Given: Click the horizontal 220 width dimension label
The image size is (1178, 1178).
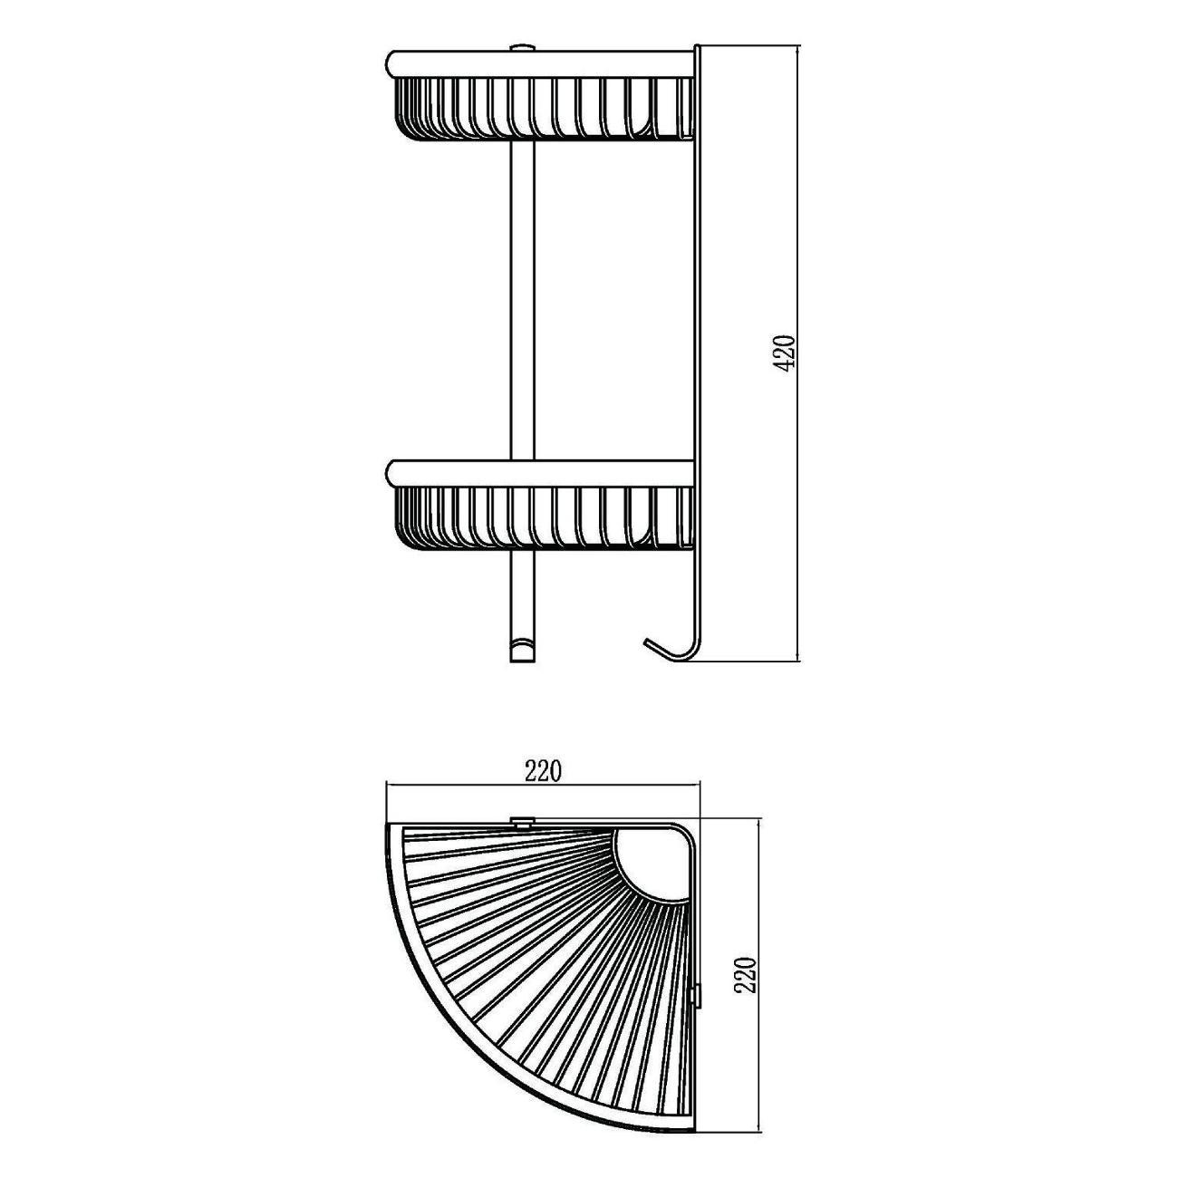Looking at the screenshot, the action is point(542,773).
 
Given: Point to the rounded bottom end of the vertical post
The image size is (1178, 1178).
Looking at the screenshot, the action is point(522,651).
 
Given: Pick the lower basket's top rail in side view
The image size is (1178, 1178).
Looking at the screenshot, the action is point(542,473).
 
